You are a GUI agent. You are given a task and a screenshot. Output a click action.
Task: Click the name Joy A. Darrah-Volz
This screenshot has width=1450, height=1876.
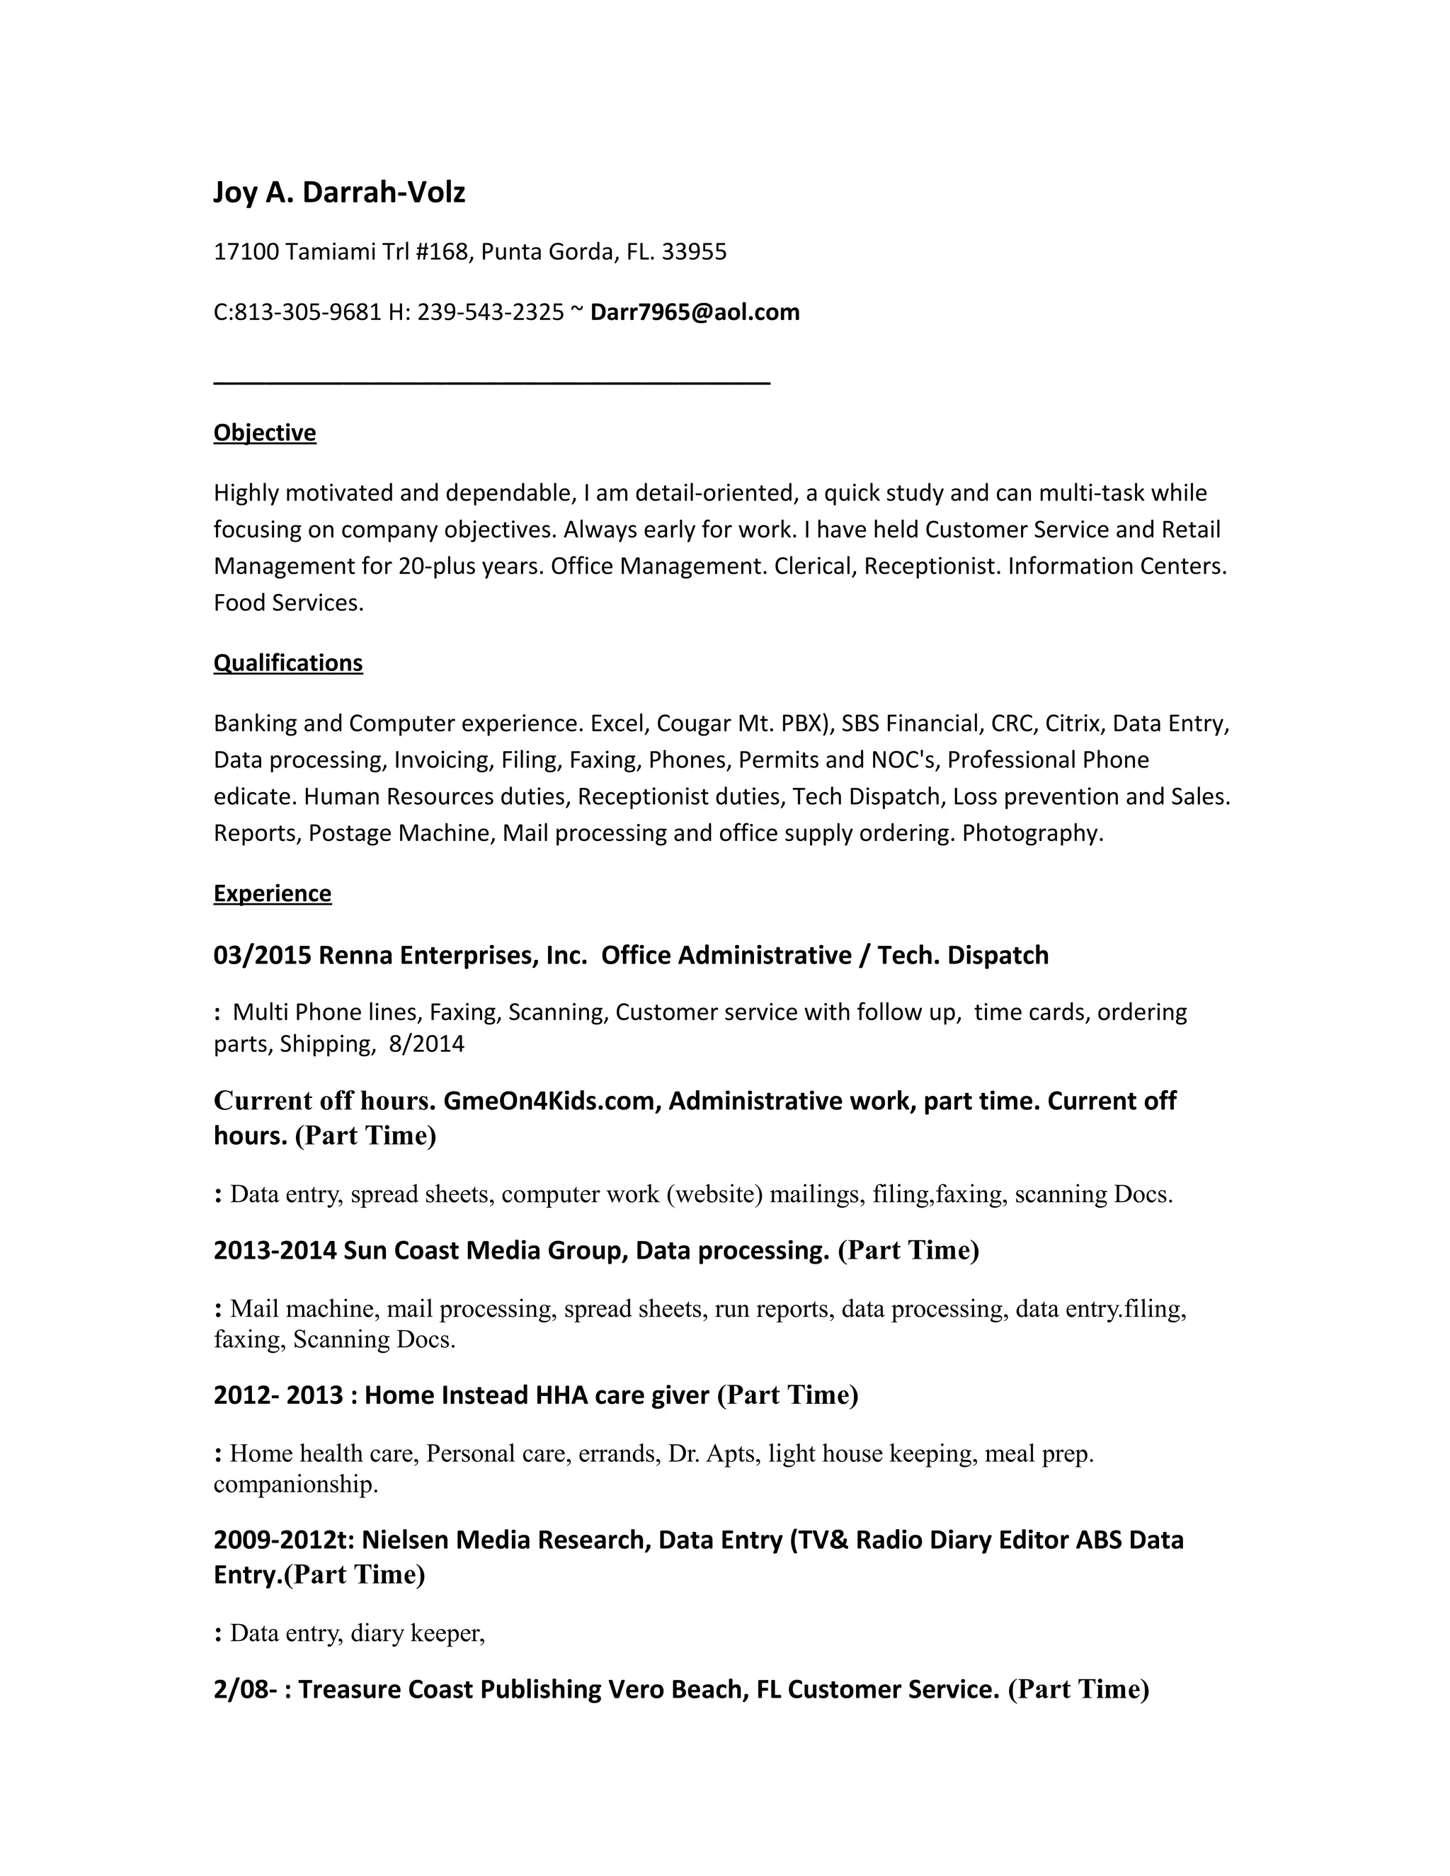coord(339,193)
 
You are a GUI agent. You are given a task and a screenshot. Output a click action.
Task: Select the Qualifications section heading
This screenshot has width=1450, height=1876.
coord(287,663)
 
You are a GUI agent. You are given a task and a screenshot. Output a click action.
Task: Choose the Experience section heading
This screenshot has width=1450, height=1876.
coord(273,893)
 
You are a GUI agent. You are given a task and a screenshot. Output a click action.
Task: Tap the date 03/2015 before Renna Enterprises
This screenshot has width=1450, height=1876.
coord(262,955)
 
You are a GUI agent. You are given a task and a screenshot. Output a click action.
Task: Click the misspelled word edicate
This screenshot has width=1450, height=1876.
coord(254,796)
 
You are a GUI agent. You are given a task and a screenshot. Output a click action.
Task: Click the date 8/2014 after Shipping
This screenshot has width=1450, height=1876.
coord(426,1043)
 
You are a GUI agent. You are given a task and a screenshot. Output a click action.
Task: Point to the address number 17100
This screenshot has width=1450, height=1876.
coord(246,252)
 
